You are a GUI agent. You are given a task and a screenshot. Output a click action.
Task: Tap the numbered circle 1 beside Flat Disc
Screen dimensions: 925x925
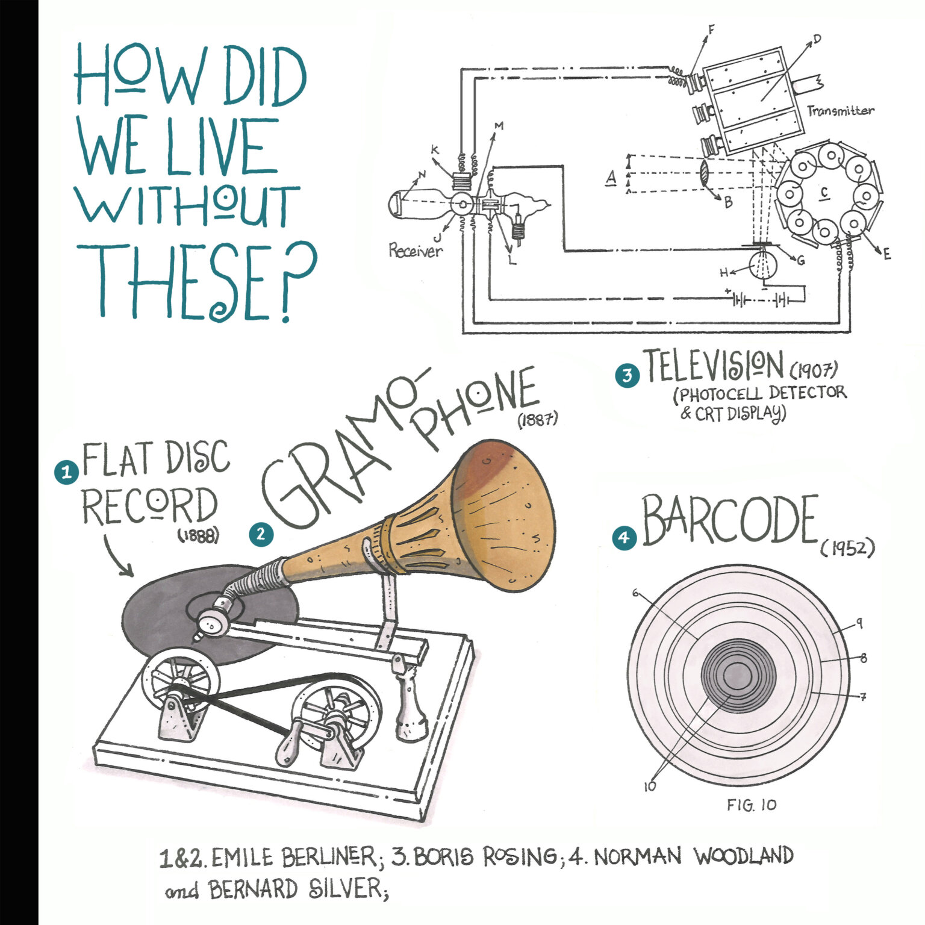click(66, 472)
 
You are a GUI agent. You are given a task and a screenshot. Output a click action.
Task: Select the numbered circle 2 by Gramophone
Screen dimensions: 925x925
click(261, 534)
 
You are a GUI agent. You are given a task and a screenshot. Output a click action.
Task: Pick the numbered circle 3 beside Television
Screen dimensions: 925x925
click(628, 375)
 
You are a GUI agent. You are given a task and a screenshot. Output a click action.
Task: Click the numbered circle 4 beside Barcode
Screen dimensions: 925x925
click(624, 538)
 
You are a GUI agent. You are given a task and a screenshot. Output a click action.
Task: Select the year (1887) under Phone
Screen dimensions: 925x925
click(537, 419)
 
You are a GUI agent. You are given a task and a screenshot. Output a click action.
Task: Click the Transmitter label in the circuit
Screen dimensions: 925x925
click(840, 111)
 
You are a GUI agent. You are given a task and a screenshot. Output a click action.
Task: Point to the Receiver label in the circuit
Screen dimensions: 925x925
click(415, 251)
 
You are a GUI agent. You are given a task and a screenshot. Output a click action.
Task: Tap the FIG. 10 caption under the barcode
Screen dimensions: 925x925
click(752, 805)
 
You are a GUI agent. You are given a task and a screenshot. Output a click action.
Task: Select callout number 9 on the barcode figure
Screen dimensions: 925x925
click(859, 623)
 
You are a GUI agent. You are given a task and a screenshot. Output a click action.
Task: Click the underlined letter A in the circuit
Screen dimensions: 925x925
click(611, 177)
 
